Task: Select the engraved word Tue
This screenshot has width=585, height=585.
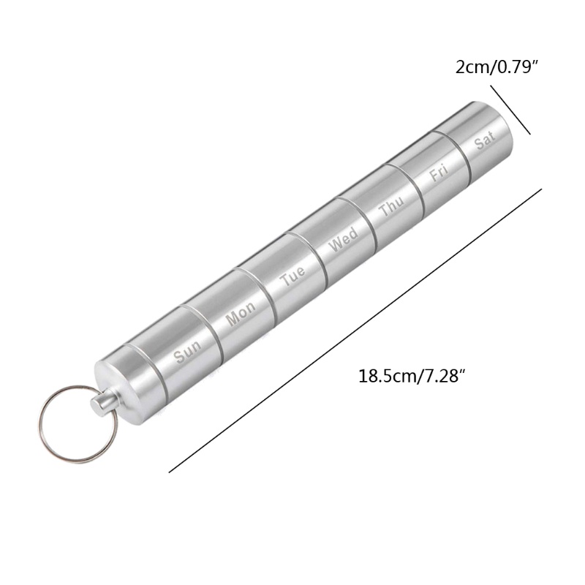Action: (292, 277)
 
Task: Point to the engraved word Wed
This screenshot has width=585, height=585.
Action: (343, 239)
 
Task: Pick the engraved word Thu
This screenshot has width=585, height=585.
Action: (390, 207)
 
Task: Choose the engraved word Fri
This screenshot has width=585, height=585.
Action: (438, 173)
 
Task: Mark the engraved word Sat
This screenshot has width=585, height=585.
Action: (485, 140)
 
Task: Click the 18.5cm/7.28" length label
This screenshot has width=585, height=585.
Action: (412, 377)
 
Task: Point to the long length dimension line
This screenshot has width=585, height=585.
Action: (355, 331)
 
